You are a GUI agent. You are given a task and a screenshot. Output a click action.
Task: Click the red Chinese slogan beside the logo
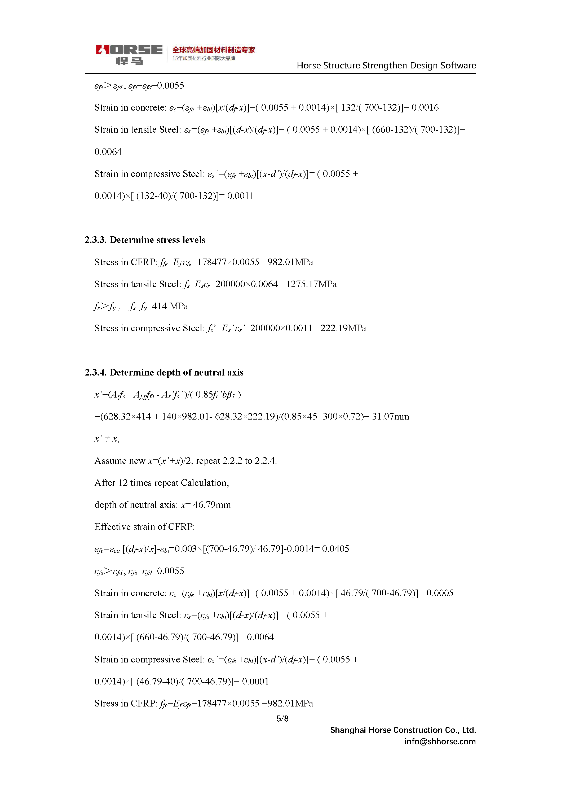[x=213, y=50]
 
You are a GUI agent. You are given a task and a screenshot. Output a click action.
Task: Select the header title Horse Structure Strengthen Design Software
[x=386, y=65]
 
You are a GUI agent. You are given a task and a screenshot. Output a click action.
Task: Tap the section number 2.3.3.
[x=95, y=240]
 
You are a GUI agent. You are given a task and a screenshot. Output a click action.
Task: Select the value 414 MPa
[x=170, y=306]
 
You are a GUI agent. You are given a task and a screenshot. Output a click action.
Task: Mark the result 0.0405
[x=335, y=549]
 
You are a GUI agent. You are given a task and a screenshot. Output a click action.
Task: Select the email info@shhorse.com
[x=440, y=741]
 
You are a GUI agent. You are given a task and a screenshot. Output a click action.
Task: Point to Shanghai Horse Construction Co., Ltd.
[x=403, y=730]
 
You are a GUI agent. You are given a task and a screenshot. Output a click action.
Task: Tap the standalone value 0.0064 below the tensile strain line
[x=108, y=152]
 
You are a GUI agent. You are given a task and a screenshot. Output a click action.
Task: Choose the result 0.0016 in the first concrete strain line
[x=425, y=108]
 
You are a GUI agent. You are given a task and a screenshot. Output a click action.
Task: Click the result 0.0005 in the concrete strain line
[x=440, y=593]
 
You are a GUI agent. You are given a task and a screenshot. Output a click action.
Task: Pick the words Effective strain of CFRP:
[x=144, y=527]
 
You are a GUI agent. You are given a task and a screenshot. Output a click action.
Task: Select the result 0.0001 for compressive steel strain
[x=255, y=681]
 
